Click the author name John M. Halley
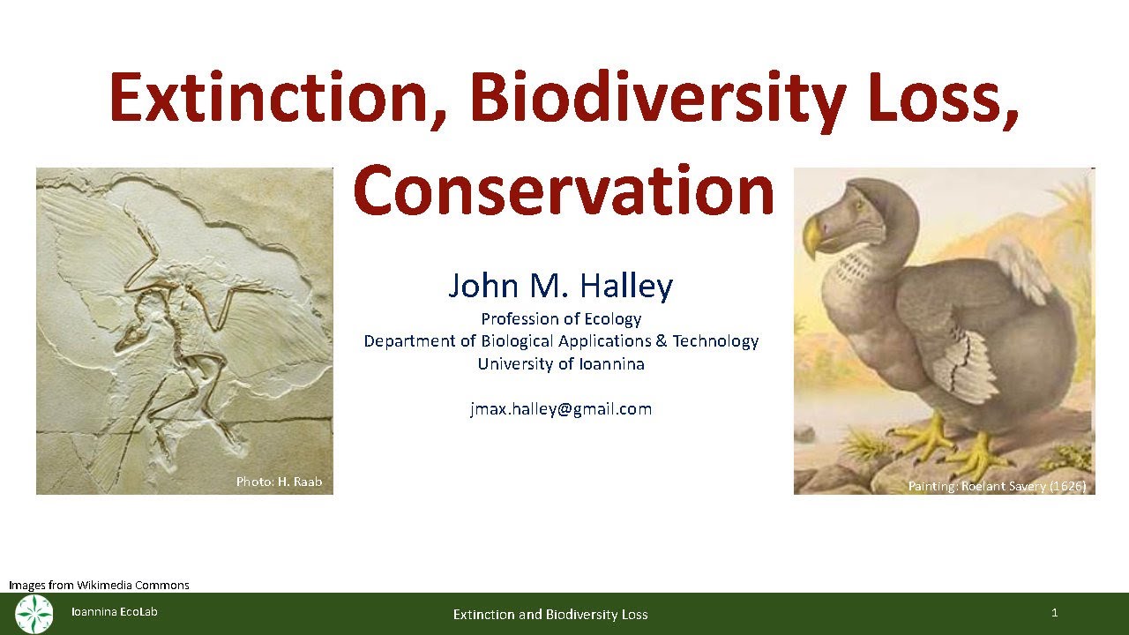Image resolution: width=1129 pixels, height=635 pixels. click(x=561, y=286)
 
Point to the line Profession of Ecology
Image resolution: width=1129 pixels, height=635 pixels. click(x=561, y=319)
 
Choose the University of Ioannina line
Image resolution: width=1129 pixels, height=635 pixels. click(x=561, y=363)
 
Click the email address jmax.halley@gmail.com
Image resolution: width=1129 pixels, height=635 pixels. click(x=561, y=409)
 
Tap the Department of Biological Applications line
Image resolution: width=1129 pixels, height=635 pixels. click(x=561, y=341)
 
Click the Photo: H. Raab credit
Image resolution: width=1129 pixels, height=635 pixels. click(x=279, y=482)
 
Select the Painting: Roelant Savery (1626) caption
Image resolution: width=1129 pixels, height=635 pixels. click(x=997, y=486)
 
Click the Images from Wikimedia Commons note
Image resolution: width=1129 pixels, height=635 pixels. click(x=99, y=585)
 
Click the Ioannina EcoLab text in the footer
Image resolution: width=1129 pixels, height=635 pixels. click(x=115, y=612)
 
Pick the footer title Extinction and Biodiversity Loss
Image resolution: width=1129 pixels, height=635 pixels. click(x=550, y=615)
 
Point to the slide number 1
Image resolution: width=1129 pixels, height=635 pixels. click(x=1054, y=613)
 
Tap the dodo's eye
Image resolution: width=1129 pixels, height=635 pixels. click(x=857, y=205)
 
